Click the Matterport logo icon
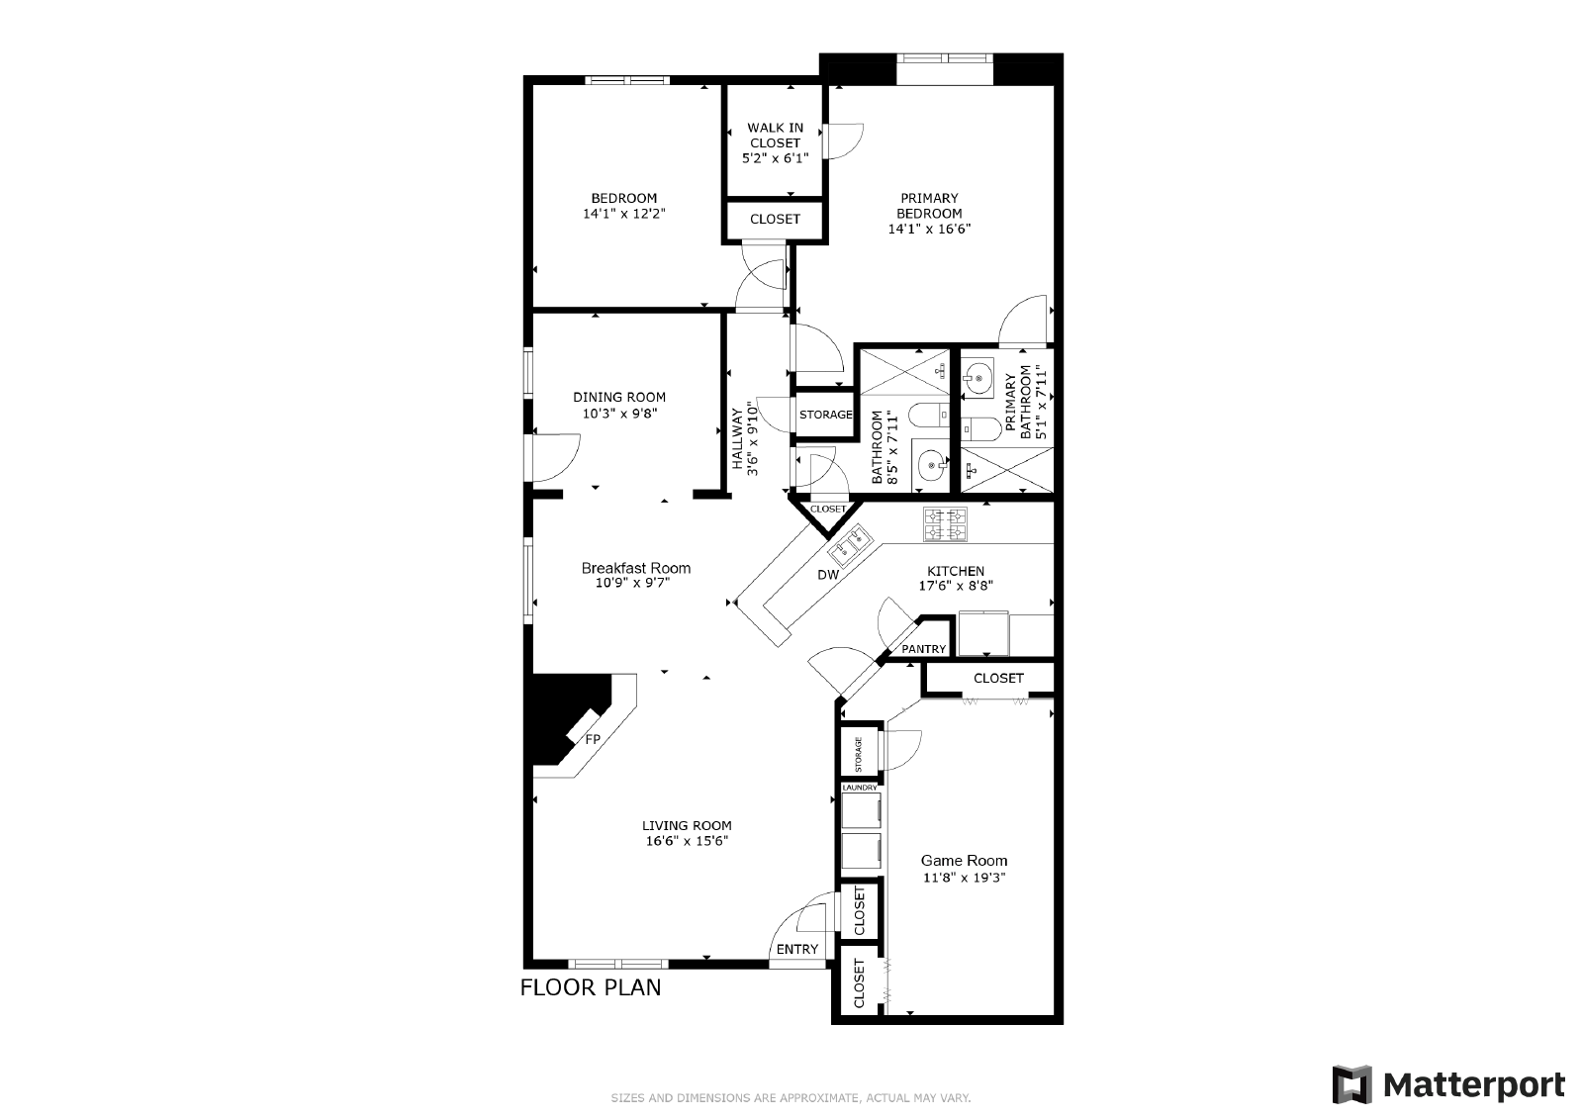(1351, 1084)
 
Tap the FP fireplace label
(593, 739)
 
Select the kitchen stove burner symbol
(945, 525)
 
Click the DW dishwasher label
(828, 575)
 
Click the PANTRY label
(924, 649)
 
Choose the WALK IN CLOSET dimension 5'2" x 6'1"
(776, 158)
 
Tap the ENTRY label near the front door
(797, 949)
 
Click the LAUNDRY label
(860, 788)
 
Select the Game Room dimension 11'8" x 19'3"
(964, 878)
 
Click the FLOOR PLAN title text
(591, 987)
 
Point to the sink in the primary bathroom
(978, 379)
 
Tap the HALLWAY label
(738, 439)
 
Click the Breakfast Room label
(636, 568)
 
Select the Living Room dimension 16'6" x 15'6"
(687, 841)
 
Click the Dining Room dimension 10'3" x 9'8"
(619, 414)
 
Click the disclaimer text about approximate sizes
(791, 1098)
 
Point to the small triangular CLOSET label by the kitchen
(827, 509)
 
